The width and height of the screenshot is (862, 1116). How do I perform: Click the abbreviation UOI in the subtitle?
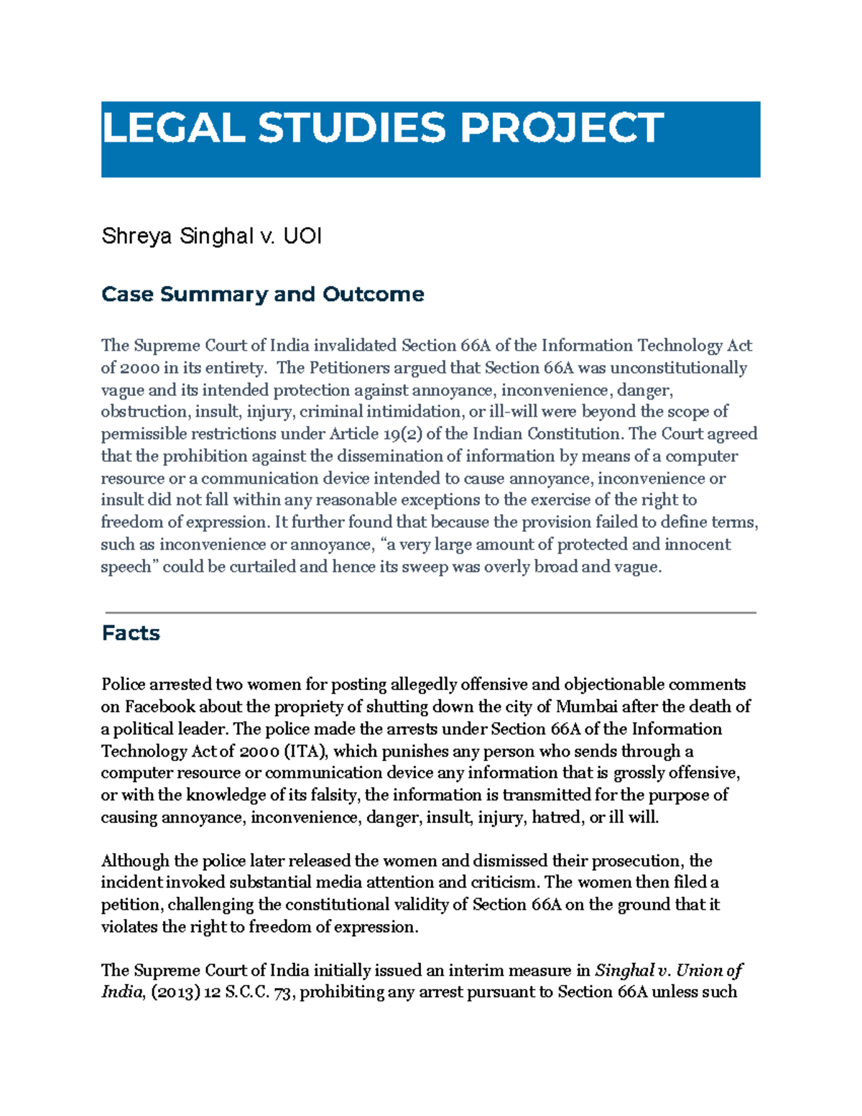302,236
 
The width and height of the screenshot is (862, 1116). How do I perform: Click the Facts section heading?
131,633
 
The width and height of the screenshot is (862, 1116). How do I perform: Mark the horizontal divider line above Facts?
430,612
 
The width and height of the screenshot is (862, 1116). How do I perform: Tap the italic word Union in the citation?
700,970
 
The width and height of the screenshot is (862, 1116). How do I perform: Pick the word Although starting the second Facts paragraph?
135,861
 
